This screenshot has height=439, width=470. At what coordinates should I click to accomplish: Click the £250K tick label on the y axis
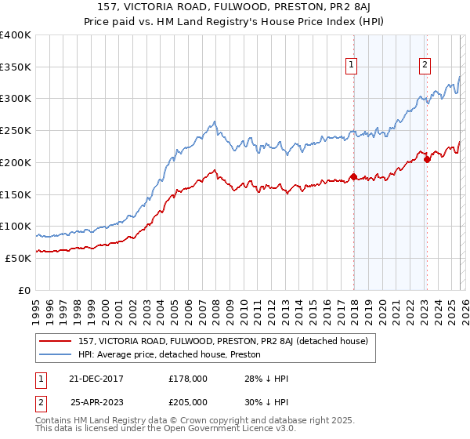click(16, 131)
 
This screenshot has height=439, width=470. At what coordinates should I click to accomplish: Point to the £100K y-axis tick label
click(16, 227)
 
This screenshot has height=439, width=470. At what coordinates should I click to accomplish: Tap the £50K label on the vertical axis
click(18, 258)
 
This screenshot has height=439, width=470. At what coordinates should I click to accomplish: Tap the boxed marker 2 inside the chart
click(425, 66)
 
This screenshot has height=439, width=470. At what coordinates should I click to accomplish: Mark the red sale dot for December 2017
click(353, 176)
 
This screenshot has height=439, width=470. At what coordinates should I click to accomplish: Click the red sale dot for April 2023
click(427, 159)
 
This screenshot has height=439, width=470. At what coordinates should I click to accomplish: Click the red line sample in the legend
click(56, 341)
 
